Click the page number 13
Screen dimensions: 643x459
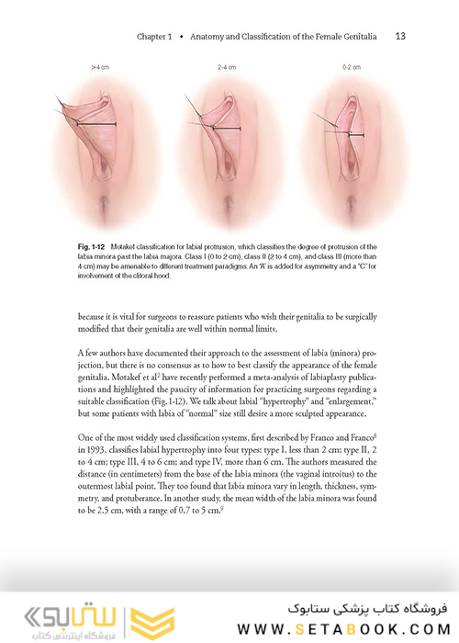[x=400, y=37]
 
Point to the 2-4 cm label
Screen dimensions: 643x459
[x=227, y=68]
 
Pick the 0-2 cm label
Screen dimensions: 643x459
[x=352, y=68]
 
